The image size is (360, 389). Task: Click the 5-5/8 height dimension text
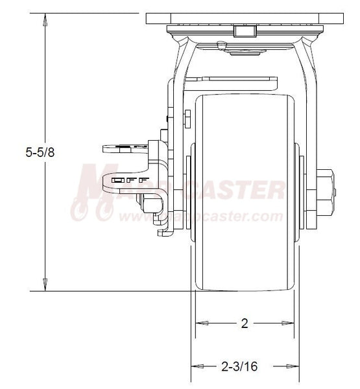click(x=27, y=153)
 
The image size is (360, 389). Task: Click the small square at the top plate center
click(x=244, y=32)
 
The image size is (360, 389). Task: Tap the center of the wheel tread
click(x=244, y=191)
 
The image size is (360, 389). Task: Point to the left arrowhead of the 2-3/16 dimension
click(x=195, y=366)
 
